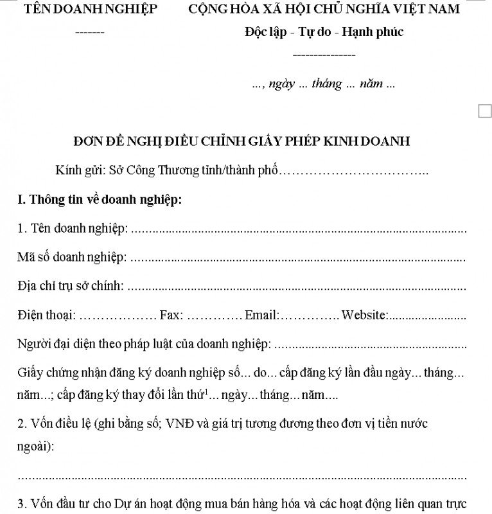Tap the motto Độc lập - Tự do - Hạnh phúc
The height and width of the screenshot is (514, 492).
(324, 32)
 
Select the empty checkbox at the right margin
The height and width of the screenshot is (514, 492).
(485, 111)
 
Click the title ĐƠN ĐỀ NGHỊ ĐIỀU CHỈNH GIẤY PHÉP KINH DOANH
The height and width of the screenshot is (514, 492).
(242, 141)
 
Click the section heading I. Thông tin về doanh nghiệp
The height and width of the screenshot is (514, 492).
(100, 199)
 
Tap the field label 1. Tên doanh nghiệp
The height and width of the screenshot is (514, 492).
(73, 228)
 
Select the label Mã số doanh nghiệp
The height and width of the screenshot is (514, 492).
(71, 257)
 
